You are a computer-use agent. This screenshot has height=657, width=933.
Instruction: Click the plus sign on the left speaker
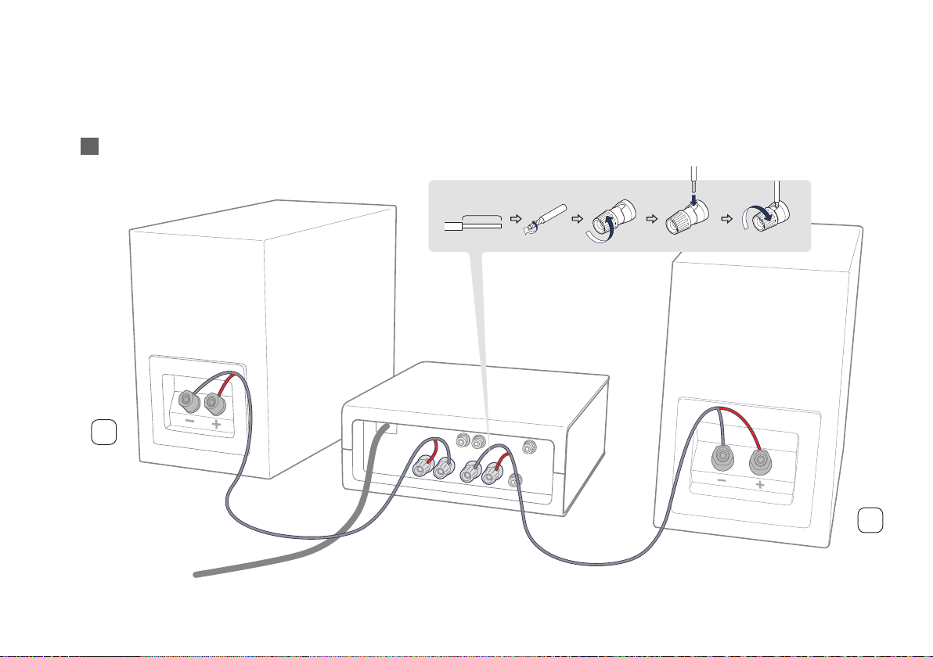[x=216, y=425]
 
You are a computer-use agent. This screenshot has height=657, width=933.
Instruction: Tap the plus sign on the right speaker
[x=760, y=486]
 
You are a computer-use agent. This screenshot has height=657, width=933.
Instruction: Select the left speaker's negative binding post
[x=188, y=403]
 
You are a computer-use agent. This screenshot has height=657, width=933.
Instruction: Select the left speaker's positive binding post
[x=214, y=404]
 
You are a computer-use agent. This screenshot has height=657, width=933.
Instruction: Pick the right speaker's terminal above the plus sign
[x=759, y=458]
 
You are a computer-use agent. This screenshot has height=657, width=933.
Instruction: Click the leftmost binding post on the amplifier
[x=422, y=469]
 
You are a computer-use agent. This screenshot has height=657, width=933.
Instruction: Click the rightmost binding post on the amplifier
[x=494, y=472]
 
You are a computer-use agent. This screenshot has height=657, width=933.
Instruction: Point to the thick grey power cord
[x=313, y=547]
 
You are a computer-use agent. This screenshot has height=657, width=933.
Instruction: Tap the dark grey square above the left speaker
[x=88, y=147]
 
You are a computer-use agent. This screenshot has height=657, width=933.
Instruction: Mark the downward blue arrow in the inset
[x=692, y=206]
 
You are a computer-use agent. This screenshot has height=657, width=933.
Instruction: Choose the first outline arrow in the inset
[x=513, y=220]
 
